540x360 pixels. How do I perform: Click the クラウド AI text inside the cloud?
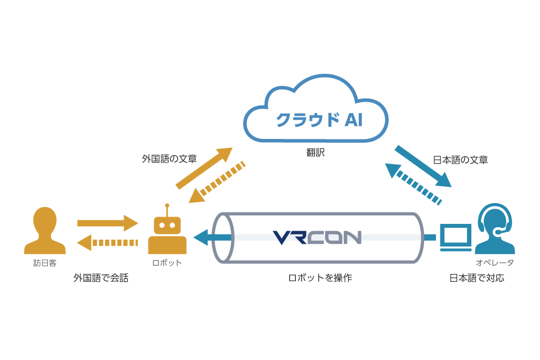[x=319, y=120]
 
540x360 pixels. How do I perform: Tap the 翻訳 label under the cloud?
[x=316, y=152]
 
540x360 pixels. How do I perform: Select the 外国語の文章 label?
[x=169, y=159]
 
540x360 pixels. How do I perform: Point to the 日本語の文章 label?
[x=460, y=160]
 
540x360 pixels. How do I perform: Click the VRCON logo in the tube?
[x=317, y=238]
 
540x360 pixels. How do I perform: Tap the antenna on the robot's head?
[x=167, y=209]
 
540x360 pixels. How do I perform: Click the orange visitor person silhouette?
[x=45, y=231]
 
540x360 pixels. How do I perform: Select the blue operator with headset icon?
[x=495, y=229]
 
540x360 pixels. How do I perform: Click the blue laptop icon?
[x=456, y=237]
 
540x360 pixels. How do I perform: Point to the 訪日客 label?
[x=45, y=263]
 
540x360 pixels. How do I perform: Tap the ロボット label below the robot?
[x=167, y=263]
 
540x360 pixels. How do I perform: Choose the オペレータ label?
[x=494, y=263]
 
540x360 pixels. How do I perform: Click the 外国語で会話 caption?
[x=101, y=278]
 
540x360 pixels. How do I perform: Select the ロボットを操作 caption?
[x=320, y=278]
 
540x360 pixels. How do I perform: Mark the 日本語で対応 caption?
[x=476, y=278]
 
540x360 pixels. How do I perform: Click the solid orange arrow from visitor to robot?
[x=108, y=223]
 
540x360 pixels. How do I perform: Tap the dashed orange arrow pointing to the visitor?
[x=107, y=243]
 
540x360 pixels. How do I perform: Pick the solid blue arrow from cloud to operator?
[x=423, y=166]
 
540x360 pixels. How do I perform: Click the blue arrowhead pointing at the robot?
[x=201, y=237]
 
